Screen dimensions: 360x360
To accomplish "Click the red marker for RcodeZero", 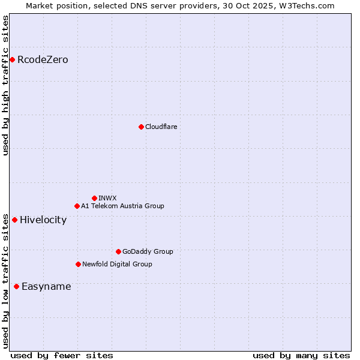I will (12, 59).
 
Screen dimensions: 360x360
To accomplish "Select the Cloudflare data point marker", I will (141, 127).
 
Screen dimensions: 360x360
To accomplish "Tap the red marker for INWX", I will (94, 198).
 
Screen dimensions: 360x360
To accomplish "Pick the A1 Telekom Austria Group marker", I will (77, 206).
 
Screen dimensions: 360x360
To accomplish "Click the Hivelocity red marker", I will (14, 220).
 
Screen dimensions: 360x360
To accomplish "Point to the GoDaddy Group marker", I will (118, 251).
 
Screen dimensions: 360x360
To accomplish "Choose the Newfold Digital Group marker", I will (78, 264).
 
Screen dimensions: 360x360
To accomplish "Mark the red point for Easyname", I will (16, 286).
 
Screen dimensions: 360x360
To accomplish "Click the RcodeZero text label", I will (43, 60).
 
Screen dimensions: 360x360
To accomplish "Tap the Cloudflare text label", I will (161, 127).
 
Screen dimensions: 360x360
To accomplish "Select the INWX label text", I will (107, 198).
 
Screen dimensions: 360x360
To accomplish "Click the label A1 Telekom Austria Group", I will (122, 206).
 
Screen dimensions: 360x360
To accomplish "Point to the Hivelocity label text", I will (43, 220).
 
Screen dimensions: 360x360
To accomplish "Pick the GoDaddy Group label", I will (148, 251).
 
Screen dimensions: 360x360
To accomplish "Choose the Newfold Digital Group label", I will (117, 264).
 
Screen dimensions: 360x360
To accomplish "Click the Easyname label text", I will (46, 287).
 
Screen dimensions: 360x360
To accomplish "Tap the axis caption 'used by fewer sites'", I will (62, 355).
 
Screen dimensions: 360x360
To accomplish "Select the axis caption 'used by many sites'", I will (301, 355).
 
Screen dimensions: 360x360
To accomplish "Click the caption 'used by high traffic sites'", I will (5, 85).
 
